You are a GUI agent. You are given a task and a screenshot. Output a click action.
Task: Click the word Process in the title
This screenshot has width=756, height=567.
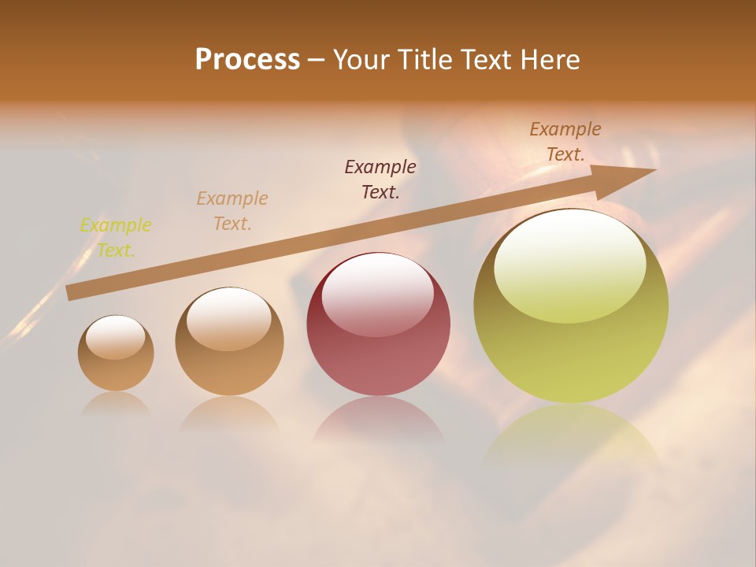pos(247,60)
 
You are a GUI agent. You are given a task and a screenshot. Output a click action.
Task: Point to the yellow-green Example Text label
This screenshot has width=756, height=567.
pos(116,238)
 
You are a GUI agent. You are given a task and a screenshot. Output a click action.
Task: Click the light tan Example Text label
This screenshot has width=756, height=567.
pos(232,211)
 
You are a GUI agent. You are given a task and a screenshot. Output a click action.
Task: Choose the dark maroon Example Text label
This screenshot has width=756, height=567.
pos(380,180)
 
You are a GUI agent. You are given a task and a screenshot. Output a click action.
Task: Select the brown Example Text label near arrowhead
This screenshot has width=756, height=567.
pos(565,142)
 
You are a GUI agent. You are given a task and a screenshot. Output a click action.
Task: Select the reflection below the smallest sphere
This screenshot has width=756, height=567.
pos(116,402)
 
